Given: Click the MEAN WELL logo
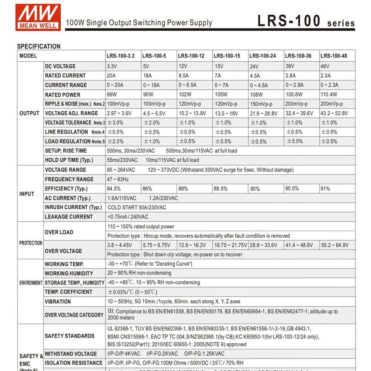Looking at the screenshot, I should [x=38, y=17].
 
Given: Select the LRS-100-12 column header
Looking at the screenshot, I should [x=191, y=56].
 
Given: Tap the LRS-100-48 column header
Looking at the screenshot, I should [x=334, y=56].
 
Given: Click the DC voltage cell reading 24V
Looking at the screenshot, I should [x=254, y=66].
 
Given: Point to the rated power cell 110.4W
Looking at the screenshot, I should [x=329, y=94].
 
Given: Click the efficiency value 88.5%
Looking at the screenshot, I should [x=221, y=189].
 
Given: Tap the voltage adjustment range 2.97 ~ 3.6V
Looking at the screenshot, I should [x=119, y=113].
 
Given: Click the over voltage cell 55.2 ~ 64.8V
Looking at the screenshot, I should [x=335, y=245].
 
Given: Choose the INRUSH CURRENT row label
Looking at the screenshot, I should [x=73, y=208].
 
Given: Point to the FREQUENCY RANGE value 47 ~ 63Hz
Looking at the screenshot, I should [x=118, y=179].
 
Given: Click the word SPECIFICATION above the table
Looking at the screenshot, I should [x=39, y=46].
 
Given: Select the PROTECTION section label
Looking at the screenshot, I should [x=31, y=243].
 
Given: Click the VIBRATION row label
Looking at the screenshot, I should [x=58, y=301].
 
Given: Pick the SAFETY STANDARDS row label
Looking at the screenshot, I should [x=70, y=336].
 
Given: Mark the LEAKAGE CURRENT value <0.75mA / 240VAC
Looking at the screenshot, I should [x=128, y=217].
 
